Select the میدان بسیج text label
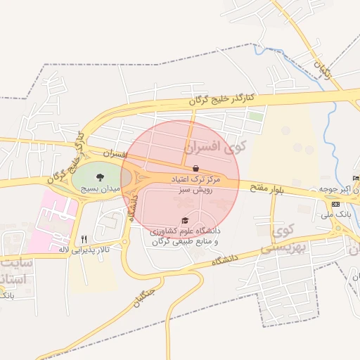click(102, 189)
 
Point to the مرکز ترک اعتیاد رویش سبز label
click(196, 185)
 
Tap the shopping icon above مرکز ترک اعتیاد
click(195, 169)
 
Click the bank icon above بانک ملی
click(335, 204)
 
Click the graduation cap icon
click(185, 220)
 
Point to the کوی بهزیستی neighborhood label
click(276, 239)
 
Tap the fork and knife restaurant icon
click(84, 239)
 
